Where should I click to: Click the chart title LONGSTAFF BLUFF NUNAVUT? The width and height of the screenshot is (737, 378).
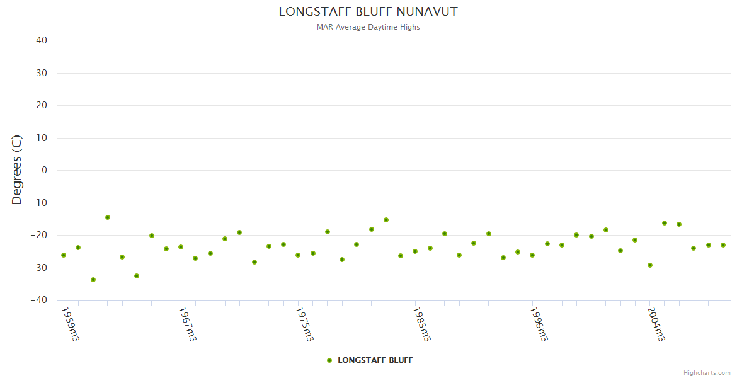pos(368,12)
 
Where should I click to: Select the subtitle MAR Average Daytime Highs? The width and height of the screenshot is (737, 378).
pos(368,27)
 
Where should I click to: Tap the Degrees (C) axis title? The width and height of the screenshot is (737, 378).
pos(17,169)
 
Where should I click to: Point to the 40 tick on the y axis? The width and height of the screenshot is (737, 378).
pos(42,40)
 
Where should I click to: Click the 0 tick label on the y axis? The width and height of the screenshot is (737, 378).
pos(44,170)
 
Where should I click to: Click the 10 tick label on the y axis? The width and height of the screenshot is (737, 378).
pos(42,138)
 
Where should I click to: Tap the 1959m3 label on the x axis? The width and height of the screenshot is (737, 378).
pos(70,324)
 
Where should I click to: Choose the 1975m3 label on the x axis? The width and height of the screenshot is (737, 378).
pos(304,324)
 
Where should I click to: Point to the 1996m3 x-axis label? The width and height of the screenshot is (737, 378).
pos(539,324)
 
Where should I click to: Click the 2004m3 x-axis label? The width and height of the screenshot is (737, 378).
pos(656,324)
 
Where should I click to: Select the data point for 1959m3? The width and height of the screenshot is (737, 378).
pos(64,255)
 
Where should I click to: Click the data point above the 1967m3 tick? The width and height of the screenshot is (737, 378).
pos(181,247)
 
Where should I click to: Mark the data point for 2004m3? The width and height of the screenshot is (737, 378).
pos(649,265)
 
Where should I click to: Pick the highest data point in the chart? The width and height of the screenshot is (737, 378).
pos(108,217)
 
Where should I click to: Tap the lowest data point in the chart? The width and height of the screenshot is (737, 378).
pos(93,280)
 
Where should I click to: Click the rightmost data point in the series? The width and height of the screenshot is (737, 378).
pos(723,245)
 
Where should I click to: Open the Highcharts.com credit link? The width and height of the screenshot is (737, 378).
pos(707,373)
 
